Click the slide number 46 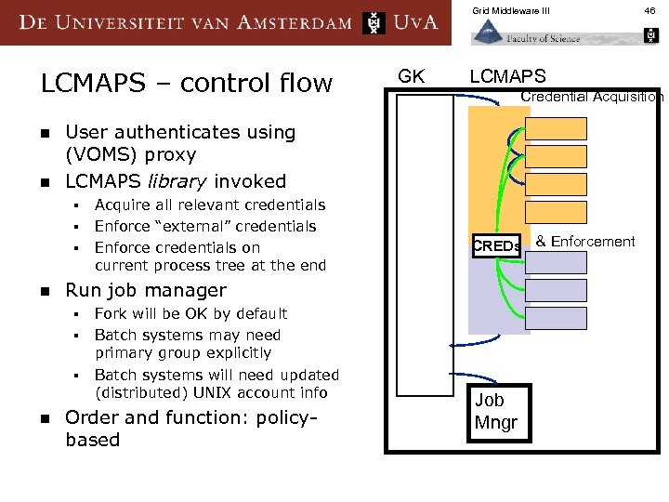point(650,11)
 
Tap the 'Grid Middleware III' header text point(511,11)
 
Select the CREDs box point(496,246)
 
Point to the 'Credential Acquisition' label point(592,97)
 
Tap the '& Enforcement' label point(585,242)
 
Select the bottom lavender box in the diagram point(557,318)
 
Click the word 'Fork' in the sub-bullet point(111,313)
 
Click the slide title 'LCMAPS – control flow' point(186,84)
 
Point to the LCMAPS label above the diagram point(507,76)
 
